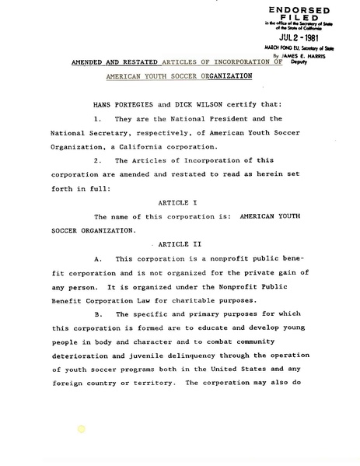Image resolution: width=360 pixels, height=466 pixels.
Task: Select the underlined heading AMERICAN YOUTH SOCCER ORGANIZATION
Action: (x=179, y=77)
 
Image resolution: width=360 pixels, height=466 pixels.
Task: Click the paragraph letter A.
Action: (x=97, y=258)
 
